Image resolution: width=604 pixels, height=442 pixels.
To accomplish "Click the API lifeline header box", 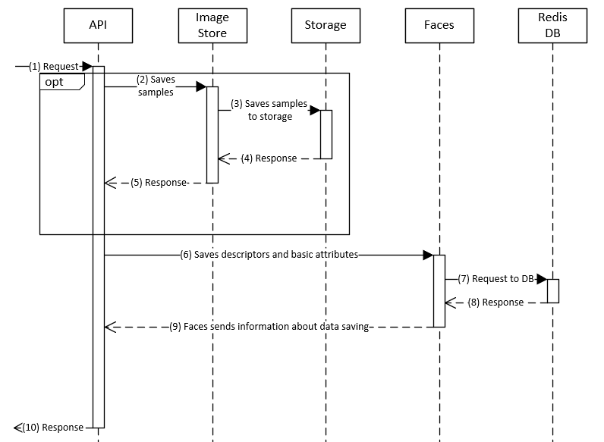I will [99, 25].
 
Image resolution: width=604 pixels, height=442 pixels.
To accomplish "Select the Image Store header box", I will [212, 25].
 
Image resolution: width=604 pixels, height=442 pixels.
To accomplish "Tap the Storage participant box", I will [326, 25].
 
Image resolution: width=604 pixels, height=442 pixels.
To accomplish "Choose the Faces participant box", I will [439, 25].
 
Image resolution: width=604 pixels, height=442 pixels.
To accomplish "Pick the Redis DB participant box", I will [552, 25].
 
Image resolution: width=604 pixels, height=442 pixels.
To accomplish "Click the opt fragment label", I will [55, 82].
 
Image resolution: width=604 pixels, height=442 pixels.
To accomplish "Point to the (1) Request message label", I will [53, 67].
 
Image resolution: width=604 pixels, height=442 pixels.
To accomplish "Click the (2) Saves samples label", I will [156, 86].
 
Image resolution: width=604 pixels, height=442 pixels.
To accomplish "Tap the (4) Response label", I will [269, 158].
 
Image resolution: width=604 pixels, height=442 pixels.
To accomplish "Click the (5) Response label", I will [158, 183].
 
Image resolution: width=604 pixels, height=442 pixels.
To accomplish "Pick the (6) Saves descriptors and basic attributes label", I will [269, 255].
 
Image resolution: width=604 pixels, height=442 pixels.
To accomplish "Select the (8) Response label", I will [495, 303].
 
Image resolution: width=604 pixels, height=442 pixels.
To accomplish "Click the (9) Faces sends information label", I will [269, 327].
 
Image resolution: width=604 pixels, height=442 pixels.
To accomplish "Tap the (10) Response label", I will [52, 428].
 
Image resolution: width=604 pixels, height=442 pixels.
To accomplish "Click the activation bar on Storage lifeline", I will [326, 134].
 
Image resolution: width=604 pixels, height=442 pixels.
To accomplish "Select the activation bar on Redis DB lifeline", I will [553, 291].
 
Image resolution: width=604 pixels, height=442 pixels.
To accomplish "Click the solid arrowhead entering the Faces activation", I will [428, 255].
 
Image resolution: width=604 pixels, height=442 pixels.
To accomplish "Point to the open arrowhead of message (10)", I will [19, 428].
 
